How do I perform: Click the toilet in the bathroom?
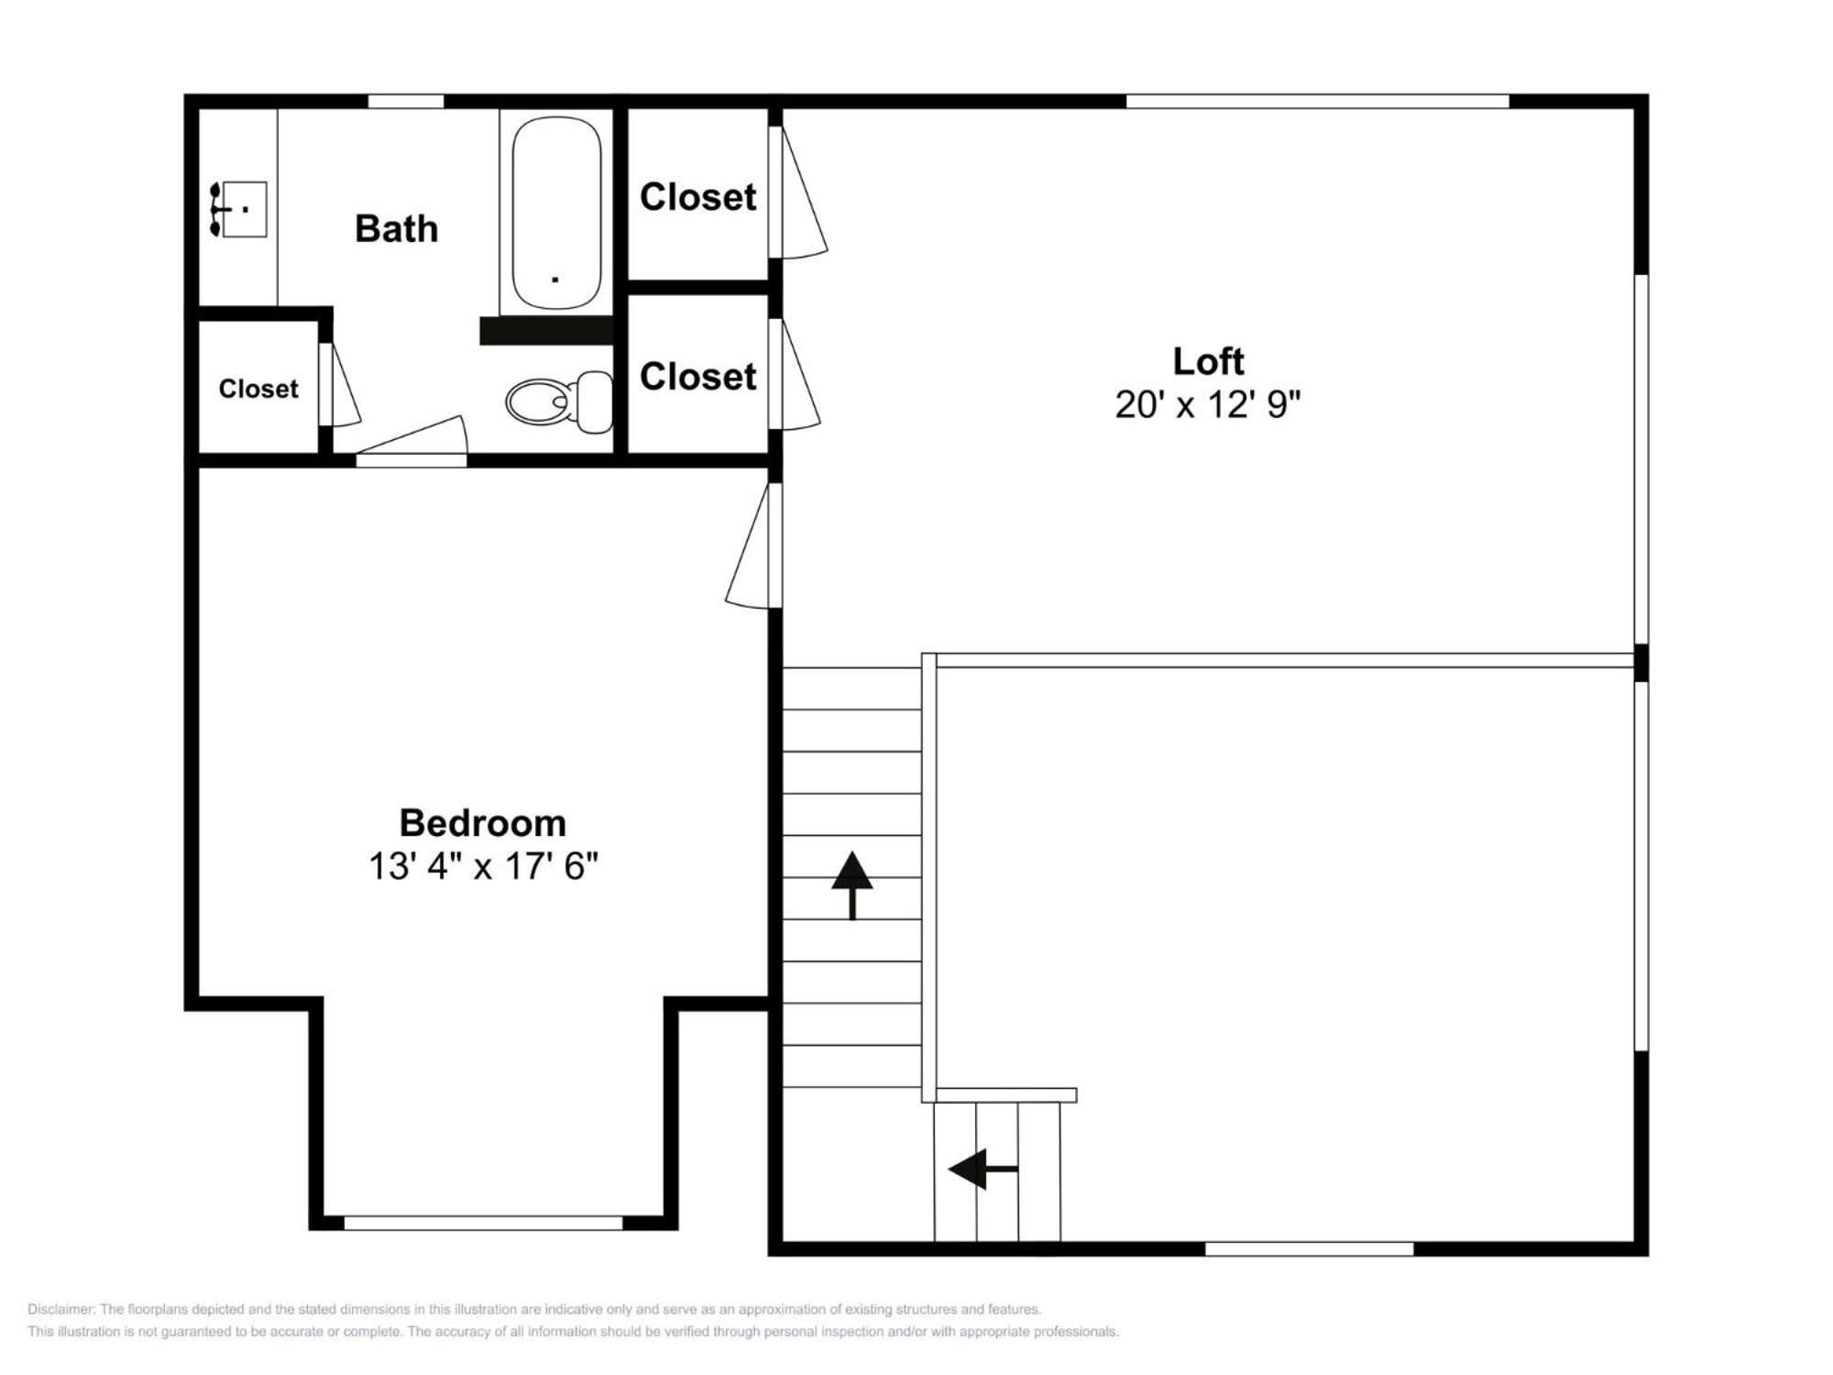coord(559,401)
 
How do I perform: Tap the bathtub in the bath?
coord(556,213)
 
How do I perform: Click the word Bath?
coord(396,228)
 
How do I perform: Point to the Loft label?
coord(1208,361)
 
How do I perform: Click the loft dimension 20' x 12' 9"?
coord(1208,404)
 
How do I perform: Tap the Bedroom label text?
coord(483,823)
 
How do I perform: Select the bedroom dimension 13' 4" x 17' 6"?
coord(483,866)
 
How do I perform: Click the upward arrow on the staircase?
coord(852,885)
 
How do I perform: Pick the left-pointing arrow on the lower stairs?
coord(982,1169)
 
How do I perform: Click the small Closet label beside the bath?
coord(258,389)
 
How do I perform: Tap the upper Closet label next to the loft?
coord(698,197)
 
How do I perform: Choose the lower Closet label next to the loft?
coord(698,377)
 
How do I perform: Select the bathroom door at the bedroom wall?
coord(412,440)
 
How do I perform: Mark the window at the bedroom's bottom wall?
coord(483,1223)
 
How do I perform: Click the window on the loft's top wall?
coord(1317,101)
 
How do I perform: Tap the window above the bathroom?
coord(406,101)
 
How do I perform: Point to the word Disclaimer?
coord(60,1309)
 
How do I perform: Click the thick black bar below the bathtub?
coord(546,331)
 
